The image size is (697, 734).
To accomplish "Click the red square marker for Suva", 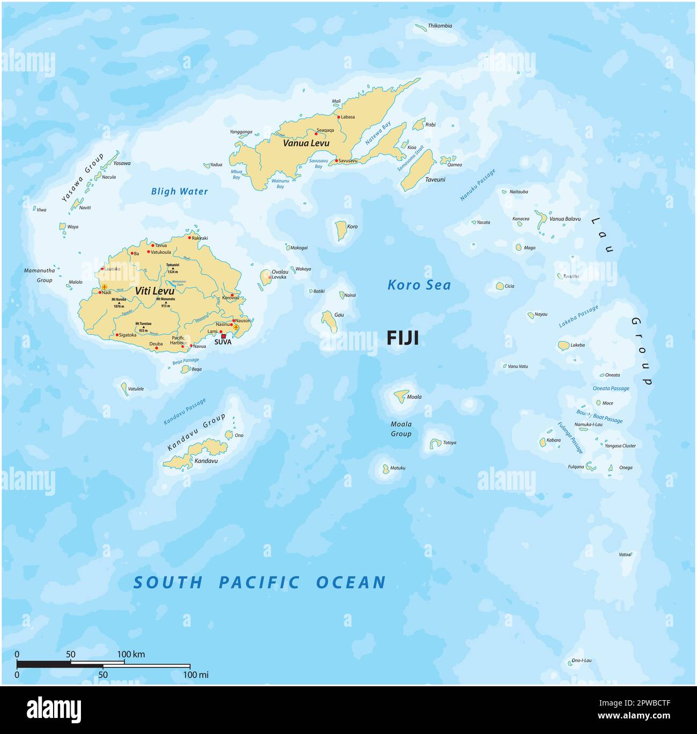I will tap(224, 336).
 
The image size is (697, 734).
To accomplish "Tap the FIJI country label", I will tap(403, 338).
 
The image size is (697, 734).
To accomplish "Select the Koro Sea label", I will tap(419, 285).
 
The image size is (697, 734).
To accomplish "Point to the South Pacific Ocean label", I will tap(259, 582).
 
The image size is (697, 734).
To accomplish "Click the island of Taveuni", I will tap(418, 170).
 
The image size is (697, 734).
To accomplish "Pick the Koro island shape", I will tap(340, 230).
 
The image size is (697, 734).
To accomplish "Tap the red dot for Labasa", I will tap(338, 116).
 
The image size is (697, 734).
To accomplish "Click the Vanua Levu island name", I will tap(306, 143).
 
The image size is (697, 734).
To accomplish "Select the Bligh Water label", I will tap(179, 192).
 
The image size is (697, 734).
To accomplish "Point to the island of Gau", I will tap(328, 321).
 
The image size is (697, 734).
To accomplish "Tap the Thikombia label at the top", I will tap(440, 26).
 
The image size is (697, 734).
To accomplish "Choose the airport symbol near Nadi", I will tap(105, 288).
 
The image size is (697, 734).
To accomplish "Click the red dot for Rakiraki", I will tap(189, 237).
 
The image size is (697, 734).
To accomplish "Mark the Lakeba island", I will tap(563, 346).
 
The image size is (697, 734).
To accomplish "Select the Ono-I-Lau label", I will tap(581, 660).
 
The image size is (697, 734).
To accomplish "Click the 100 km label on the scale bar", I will tap(131, 655).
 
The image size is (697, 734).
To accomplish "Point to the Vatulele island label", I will tap(136, 389).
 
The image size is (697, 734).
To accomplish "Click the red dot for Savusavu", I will tap(336, 160).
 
